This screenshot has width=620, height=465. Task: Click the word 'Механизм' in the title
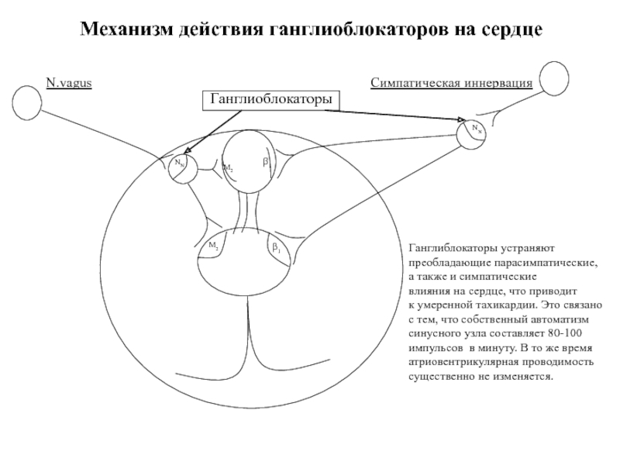[x=127, y=31]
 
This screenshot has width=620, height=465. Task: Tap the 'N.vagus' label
[x=69, y=82]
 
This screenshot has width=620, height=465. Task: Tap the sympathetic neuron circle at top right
[x=556, y=79]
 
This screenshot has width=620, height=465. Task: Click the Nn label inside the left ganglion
[x=179, y=163]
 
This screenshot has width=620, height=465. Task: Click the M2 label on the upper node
[x=228, y=167]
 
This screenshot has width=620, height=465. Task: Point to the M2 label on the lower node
[x=213, y=245]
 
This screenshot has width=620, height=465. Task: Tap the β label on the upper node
[x=264, y=162]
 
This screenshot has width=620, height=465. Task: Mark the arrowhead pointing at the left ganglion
[x=188, y=153]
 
